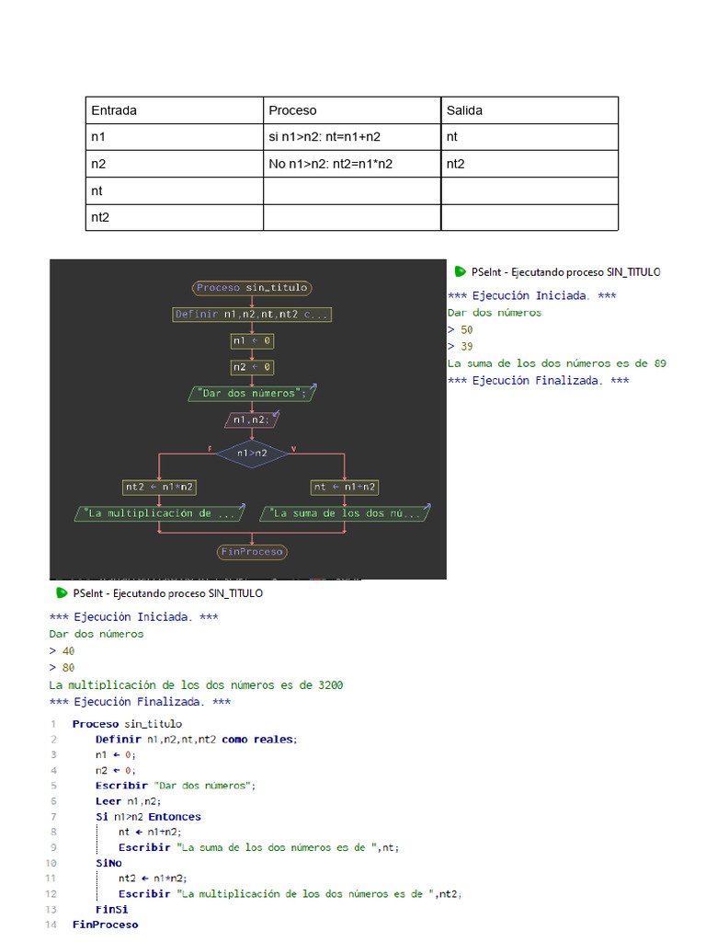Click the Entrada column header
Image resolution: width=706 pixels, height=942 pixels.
click(114, 110)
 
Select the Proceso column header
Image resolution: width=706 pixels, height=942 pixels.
click(292, 110)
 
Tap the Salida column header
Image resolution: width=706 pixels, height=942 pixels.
click(464, 110)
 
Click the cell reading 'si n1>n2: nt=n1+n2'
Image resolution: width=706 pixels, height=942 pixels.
click(325, 137)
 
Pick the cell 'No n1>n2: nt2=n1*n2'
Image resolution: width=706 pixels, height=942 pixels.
click(331, 165)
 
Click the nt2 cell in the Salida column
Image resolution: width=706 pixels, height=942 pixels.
click(456, 165)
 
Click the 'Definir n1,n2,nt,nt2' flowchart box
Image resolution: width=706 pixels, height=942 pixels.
click(252, 315)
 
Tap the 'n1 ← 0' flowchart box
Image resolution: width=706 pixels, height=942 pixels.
click(252, 341)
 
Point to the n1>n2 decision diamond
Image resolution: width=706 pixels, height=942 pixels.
click(252, 453)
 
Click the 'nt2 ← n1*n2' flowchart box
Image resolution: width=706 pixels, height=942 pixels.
click(159, 487)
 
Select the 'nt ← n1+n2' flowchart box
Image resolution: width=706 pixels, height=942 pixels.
click(345, 487)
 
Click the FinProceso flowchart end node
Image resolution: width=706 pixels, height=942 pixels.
click(252, 552)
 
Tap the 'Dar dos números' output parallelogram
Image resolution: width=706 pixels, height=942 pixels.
click(252, 394)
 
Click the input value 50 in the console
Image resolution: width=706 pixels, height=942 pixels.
click(467, 329)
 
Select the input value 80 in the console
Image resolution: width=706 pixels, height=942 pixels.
click(69, 668)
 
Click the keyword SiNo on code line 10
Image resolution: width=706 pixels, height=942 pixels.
click(108, 863)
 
